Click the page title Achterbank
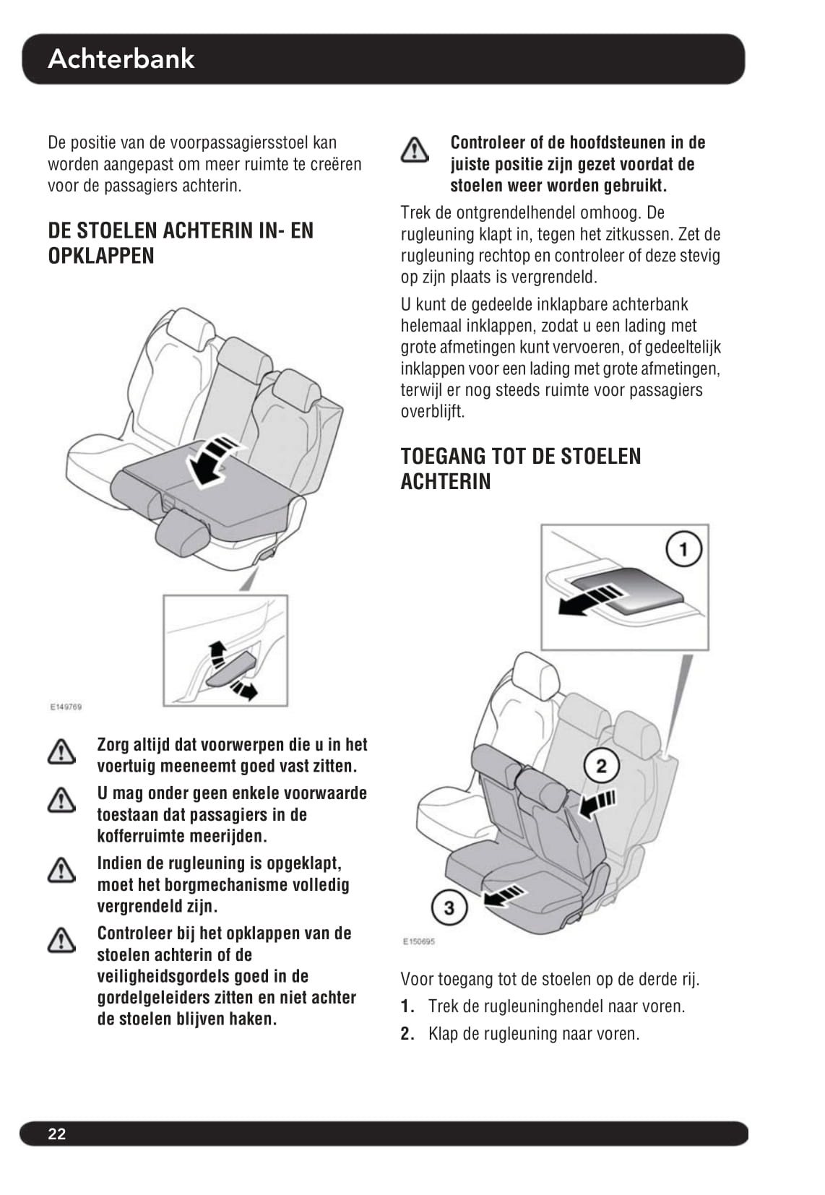121,59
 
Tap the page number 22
56,1134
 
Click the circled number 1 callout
683,549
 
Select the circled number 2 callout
602,767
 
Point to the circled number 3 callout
449,908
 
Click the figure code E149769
66,707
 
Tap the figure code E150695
418,941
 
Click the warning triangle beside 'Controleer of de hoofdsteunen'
415,150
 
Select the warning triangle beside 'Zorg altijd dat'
61,751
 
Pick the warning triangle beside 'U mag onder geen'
61,800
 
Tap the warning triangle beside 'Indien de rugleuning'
61,870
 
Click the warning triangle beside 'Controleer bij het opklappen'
61,940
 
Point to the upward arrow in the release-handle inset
217,654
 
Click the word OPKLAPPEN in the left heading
101,256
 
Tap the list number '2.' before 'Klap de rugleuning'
407,1034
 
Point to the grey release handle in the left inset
231,668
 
